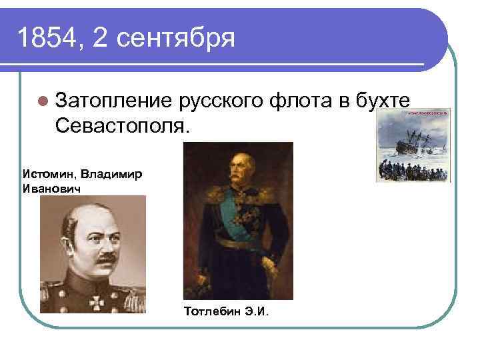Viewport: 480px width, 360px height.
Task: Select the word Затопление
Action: (x=113, y=101)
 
